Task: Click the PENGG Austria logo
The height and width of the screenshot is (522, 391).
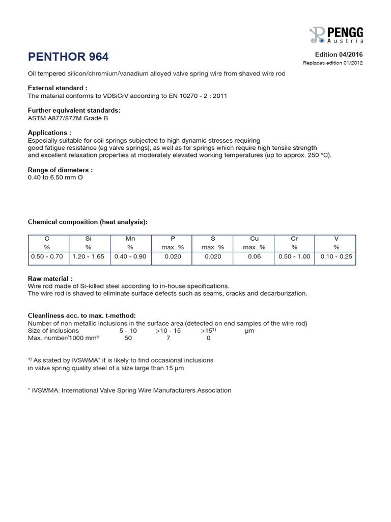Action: click(336, 34)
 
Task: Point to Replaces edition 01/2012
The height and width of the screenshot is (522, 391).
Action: click(333, 63)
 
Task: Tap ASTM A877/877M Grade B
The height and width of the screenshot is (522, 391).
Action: click(67, 118)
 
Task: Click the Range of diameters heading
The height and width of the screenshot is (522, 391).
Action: click(60, 170)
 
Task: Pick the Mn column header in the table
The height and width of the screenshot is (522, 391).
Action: click(130, 238)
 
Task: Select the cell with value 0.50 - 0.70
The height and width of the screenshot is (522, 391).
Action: click(47, 256)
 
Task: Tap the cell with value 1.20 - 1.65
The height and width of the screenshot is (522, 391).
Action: click(88, 256)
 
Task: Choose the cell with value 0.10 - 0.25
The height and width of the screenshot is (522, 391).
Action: click(336, 256)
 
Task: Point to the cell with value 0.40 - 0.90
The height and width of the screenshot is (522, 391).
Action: click(130, 256)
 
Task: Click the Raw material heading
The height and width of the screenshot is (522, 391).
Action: click(49, 279)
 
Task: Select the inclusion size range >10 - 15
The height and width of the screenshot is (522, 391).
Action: click(168, 331)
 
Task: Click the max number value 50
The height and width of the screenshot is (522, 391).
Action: click(128, 338)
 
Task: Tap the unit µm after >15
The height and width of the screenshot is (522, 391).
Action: click(249, 331)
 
